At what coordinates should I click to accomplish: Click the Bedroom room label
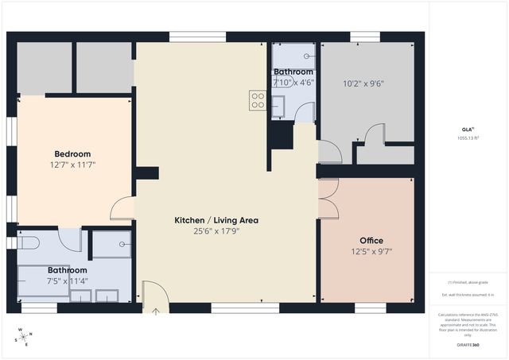[x=72, y=154]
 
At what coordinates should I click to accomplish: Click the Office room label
[x=371, y=241]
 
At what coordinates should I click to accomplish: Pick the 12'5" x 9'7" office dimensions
[x=371, y=252]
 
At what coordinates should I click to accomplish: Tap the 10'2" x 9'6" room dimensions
[x=363, y=83]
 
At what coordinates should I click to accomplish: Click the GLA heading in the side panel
[x=467, y=129]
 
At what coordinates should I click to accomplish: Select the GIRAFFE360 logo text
[x=467, y=346]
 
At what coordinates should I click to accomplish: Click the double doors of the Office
[x=327, y=199]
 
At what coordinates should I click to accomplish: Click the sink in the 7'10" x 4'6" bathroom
[x=278, y=106]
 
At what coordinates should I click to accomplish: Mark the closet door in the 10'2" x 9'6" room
[x=368, y=136]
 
